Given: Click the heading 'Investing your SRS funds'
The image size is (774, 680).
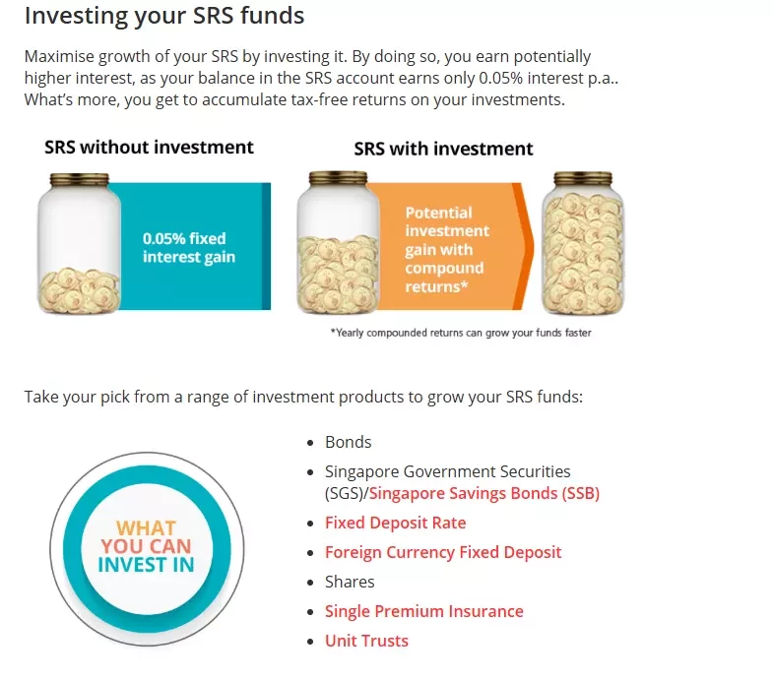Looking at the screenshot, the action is coord(164,17).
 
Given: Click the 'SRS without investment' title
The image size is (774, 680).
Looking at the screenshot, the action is coord(149,147).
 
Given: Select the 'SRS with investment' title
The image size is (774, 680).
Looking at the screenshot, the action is coord(443,149).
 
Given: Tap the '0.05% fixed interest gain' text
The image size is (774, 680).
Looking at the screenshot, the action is coord(189,248).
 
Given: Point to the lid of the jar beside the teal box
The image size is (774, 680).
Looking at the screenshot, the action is coord(80,179).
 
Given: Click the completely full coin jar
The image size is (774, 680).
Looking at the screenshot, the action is coord(583,243).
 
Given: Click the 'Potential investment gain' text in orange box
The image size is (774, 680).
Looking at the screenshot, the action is coord(447,250).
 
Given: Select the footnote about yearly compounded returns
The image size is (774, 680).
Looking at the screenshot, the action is coord(461,333).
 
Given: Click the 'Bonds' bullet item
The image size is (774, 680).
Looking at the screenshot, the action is coord(348,442).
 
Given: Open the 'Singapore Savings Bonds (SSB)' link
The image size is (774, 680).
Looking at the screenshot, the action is coord(484,493).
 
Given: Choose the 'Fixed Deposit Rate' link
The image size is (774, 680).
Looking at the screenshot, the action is coord(396,523).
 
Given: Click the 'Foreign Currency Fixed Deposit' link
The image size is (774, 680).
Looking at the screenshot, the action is coord(443,552).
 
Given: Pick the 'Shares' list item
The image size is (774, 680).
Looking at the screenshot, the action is coord(350,582).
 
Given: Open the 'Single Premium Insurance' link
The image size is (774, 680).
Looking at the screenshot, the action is coord(424,611).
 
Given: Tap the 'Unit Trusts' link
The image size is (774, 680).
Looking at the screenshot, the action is coord(366,641).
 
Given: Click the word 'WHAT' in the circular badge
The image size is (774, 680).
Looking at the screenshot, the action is coord(146,528).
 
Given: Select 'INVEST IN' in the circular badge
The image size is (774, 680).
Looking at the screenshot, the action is coord(146,565).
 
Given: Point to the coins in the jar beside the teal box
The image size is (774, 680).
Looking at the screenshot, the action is coord(79,290).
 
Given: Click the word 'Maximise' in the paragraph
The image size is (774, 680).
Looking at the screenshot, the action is coord(59,56).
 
